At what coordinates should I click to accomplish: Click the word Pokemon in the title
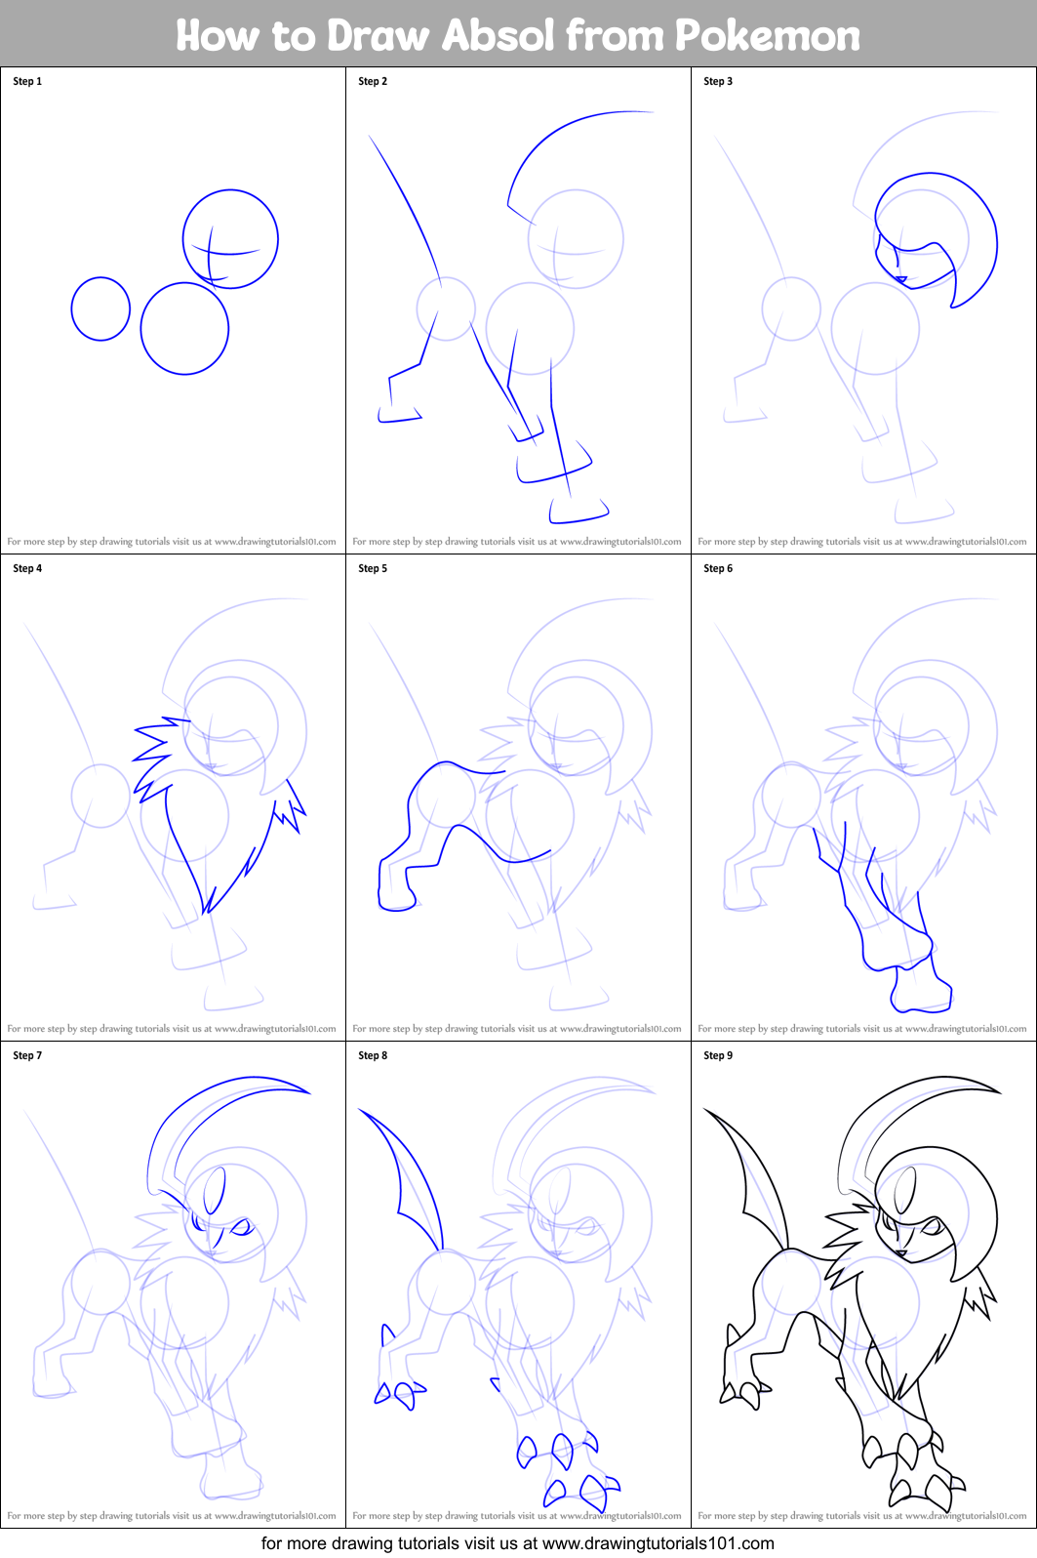(767, 35)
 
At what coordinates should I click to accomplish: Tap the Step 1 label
(27, 81)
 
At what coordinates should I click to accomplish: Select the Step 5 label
(373, 568)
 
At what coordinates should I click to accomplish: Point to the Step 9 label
(718, 1055)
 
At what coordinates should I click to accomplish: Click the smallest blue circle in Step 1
(100, 308)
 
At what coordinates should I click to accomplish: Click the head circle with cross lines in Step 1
(230, 239)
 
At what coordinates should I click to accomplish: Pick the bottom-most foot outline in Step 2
(578, 512)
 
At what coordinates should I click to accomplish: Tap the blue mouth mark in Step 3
(901, 280)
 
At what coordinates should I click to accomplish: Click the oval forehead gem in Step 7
(215, 1191)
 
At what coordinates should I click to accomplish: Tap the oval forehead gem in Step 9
(906, 1191)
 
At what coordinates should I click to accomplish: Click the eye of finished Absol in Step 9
(932, 1226)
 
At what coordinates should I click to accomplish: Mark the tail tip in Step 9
(707, 1111)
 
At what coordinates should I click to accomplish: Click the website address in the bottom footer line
(658, 1543)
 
